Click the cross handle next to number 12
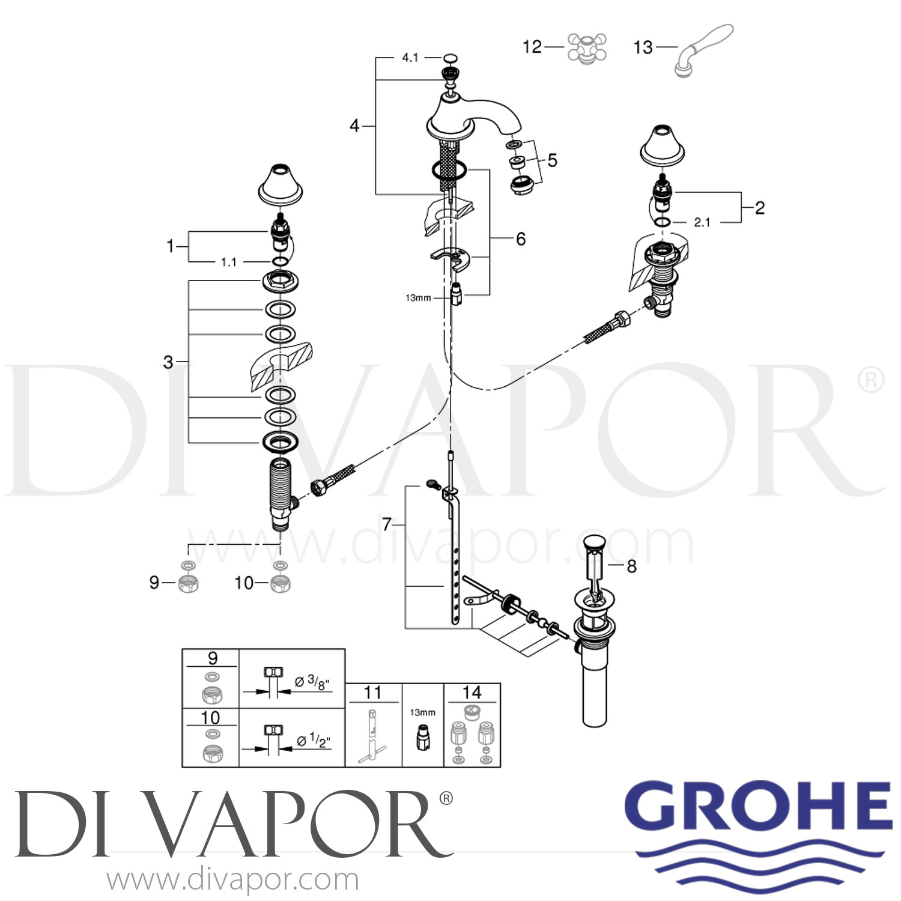pyautogui.click(x=587, y=48)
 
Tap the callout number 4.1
pyautogui.click(x=410, y=58)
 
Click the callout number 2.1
pyautogui.click(x=702, y=222)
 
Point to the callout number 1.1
pyautogui.click(x=229, y=262)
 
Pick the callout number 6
pyautogui.click(x=521, y=239)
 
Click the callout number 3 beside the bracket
pyautogui.click(x=168, y=362)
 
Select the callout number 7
pyautogui.click(x=387, y=524)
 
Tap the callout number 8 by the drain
pyautogui.click(x=631, y=566)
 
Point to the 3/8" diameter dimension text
pyautogui.click(x=314, y=682)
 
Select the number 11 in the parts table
pyautogui.click(x=372, y=693)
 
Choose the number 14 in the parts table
pyautogui.click(x=472, y=693)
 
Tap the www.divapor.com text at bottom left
pyautogui.click(x=232, y=880)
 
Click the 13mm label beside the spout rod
pyautogui.click(x=418, y=298)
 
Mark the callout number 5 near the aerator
pyautogui.click(x=552, y=160)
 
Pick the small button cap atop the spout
pyautogui.click(x=450, y=58)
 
